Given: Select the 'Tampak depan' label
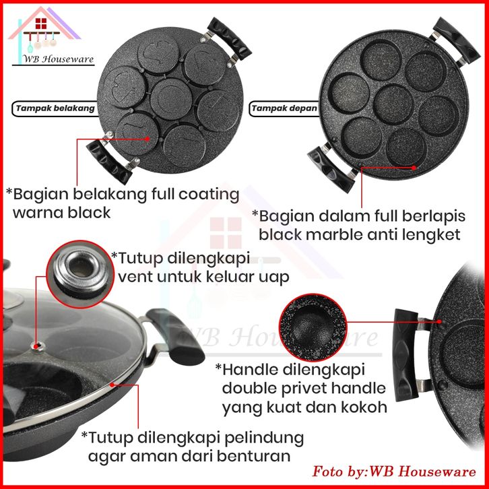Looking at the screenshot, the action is (x=275, y=107).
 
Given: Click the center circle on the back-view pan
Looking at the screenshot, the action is (x=168, y=96).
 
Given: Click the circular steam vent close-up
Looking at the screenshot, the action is (x=75, y=269).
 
